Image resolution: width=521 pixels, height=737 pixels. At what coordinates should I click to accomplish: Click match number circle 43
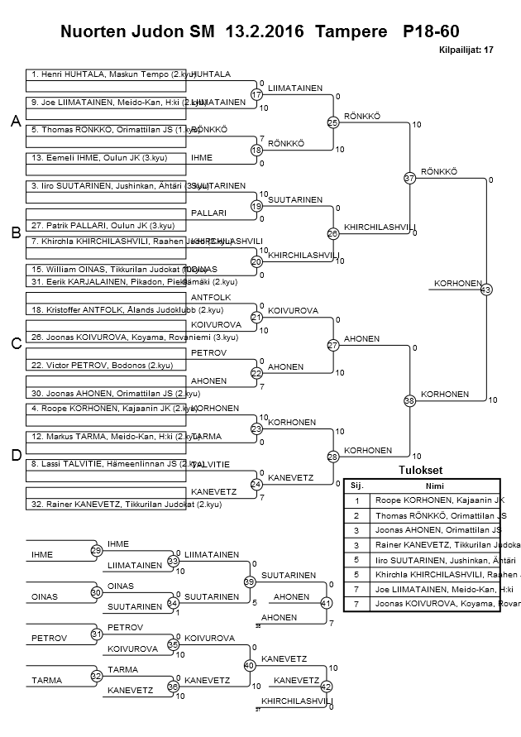pos(485,290)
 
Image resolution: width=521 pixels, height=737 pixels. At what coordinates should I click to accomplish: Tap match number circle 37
pos(409,178)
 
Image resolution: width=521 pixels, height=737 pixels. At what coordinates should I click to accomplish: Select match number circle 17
pos(256,95)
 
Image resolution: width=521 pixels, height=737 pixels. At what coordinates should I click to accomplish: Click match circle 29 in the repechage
pos(96,550)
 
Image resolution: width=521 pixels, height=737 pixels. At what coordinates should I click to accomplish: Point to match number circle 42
pos(326,686)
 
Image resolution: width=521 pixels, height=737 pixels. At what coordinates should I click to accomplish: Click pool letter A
pos(15,122)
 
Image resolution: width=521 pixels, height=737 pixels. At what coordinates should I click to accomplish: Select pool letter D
pos(15,455)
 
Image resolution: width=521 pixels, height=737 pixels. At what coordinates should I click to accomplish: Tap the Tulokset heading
pos(422,470)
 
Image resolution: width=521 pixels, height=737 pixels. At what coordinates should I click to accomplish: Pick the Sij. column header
pos(357,486)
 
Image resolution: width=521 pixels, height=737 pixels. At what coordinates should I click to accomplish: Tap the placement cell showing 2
pos(357,515)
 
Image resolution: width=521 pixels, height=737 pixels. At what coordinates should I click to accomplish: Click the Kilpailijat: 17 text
pos(467,50)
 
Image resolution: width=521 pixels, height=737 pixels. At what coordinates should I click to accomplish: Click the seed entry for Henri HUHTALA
pos(108,74)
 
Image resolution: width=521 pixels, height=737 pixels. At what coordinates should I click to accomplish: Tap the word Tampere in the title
pos(358,31)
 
